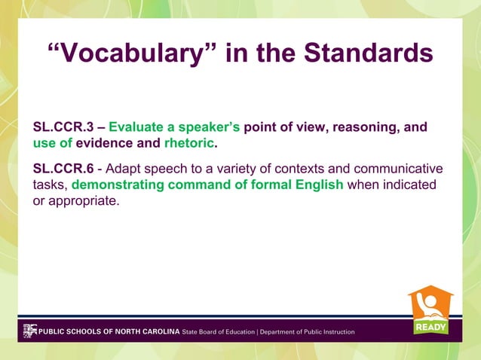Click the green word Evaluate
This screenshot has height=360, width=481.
coord(136,127)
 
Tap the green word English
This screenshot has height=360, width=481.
coord(317,185)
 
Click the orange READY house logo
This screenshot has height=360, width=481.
coord(431,310)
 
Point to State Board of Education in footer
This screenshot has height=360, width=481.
coord(219,331)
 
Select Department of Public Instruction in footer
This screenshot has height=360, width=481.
coord(307,331)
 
